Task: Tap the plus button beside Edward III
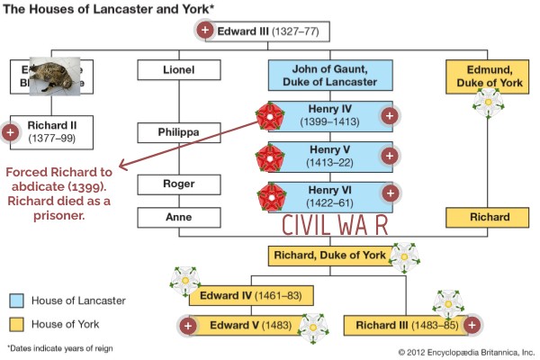pos(205,31)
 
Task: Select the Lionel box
pos(178,70)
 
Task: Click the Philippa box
pos(178,133)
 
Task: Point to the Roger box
pos(178,184)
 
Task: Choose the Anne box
pos(178,217)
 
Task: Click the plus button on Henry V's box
pos(389,156)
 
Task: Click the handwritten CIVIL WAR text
pos(336,225)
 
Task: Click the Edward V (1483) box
pos(247,325)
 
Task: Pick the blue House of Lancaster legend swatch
pos(17,301)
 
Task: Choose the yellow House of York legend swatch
pos(17,323)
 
